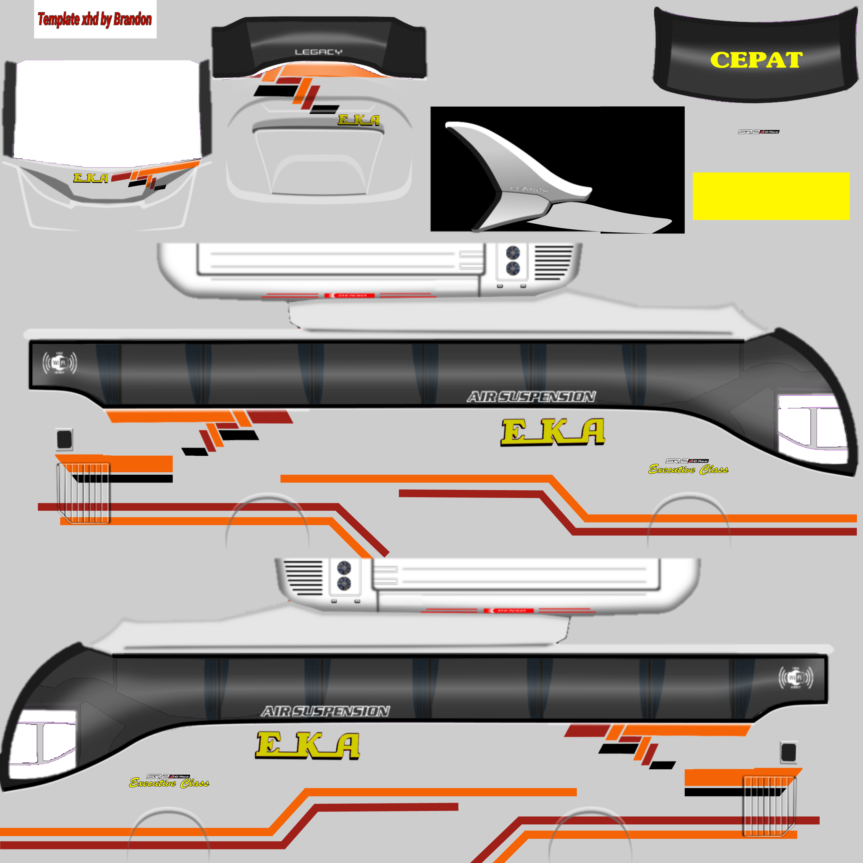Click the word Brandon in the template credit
coord(132,19)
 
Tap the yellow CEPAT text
coord(756,60)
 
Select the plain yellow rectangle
coord(771,196)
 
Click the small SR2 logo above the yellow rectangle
coord(758,132)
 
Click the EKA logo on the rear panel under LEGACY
coord(359,120)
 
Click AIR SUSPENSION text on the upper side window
coord(531,397)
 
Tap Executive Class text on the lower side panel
coord(169,783)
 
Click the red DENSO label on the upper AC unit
coord(349,295)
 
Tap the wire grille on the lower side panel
coord(768,806)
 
